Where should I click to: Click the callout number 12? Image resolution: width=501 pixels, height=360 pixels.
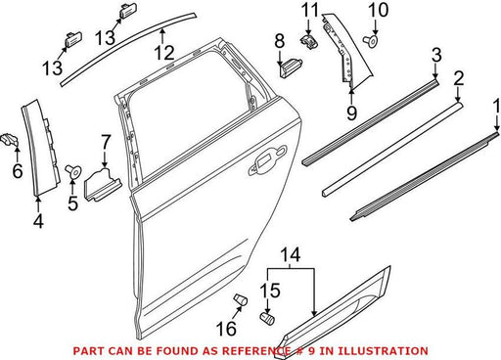coord(164,52)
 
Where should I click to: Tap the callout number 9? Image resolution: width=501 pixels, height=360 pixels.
coord(352,112)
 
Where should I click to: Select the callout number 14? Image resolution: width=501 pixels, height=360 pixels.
coord(291,254)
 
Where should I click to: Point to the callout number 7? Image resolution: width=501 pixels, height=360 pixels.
coord(106,143)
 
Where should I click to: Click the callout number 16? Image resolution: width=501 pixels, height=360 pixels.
coord(226,328)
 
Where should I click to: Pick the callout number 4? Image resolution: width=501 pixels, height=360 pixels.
coord(38,221)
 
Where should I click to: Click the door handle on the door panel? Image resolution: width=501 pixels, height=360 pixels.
coord(267,160)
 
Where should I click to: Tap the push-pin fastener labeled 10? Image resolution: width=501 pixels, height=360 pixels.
coord(371,41)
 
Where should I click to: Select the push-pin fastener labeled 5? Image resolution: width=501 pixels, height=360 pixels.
coord(73,171)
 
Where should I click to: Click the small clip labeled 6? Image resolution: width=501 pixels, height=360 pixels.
coord(10,141)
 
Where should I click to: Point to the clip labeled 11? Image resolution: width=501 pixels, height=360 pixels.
coord(308,41)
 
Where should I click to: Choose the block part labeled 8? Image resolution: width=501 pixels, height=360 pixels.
coord(291,67)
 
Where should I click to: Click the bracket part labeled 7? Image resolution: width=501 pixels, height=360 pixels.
coord(102,184)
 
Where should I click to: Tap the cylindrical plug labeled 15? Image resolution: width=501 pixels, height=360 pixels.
coord(267,318)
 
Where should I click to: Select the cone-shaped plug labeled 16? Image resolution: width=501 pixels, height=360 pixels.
coord(241,299)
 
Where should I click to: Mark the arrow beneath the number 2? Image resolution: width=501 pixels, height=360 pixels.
coord(458,95)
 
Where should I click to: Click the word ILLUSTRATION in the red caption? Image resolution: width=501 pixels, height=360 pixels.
coord(383,351)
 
